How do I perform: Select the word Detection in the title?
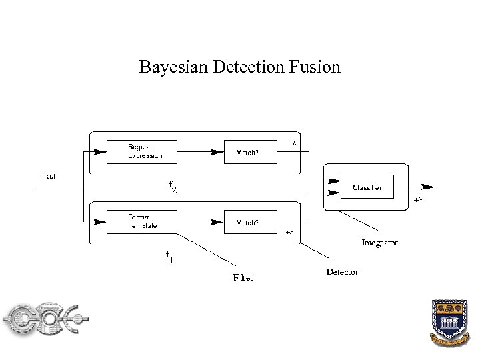point(250,67)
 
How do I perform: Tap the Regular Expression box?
point(142,151)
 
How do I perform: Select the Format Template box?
point(142,221)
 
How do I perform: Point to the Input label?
point(47,177)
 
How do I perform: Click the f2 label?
point(172,187)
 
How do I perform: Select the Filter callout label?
point(243,277)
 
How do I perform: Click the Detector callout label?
point(342,272)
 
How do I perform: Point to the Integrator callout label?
point(379,243)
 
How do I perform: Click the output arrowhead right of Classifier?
point(428,187)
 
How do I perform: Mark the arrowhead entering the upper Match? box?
point(217,152)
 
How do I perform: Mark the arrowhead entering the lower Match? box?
point(217,222)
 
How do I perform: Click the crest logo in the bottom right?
point(450,322)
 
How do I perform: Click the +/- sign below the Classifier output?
point(417,199)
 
